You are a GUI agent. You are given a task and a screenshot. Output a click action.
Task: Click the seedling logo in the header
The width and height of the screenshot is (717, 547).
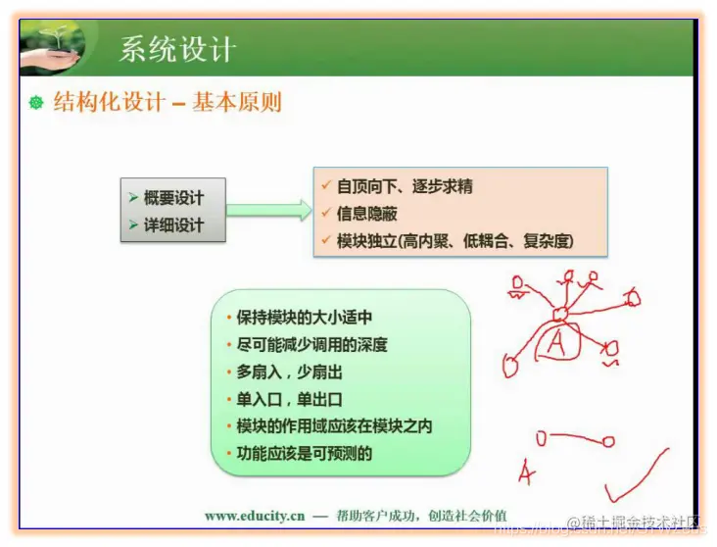point(52,46)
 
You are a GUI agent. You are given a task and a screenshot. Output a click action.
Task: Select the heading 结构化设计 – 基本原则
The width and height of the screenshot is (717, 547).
point(167,102)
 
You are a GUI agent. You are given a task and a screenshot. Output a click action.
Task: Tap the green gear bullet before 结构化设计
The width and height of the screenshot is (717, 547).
point(36,103)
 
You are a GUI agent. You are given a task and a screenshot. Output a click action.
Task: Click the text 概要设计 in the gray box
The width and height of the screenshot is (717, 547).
point(173,198)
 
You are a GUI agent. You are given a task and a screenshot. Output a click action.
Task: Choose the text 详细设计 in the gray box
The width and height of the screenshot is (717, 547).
point(173,225)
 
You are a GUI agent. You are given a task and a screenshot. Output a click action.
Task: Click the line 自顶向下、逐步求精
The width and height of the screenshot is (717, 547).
point(405,186)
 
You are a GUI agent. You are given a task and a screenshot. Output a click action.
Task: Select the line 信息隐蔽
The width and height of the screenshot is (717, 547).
point(366,214)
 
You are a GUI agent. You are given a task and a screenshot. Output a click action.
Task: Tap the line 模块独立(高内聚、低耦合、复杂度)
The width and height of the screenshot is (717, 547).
point(454,241)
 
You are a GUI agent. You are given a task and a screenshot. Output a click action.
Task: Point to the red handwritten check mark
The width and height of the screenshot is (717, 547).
point(636,485)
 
